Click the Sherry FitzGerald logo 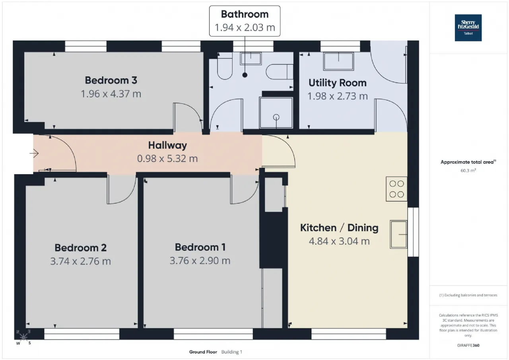point(468,28)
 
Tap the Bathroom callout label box point(245,21)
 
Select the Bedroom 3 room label point(111,80)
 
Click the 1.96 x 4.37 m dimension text point(111,94)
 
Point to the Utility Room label point(338,83)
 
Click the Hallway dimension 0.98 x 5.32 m point(167,158)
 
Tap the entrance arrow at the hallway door point(34,154)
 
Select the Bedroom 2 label point(80,248)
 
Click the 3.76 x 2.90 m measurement point(200,261)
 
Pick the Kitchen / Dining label point(339,228)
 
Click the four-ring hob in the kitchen point(396,189)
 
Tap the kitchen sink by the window point(398,234)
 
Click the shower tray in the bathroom point(276,113)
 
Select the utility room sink point(338,61)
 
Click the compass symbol point(23,337)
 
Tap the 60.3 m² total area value point(468,171)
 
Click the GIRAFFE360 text point(468,345)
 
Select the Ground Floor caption point(203,352)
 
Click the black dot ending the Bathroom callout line point(245,75)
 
